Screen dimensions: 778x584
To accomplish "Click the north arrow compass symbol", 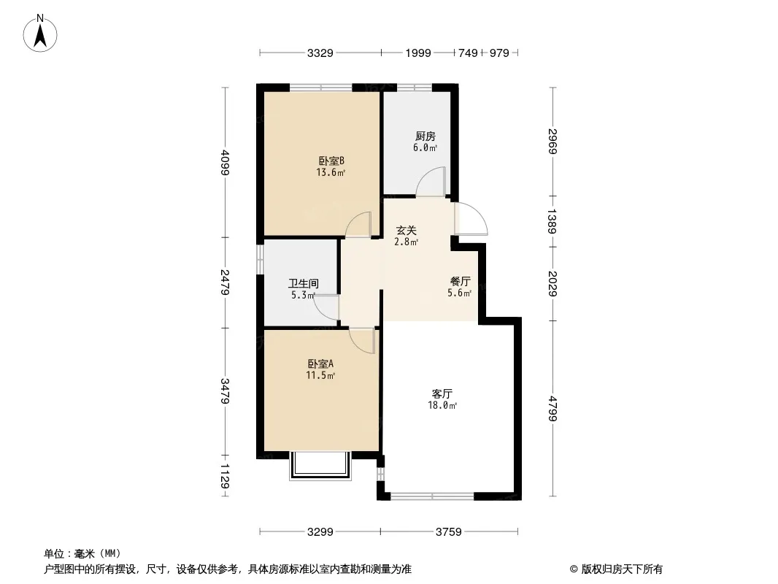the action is coord(40,34).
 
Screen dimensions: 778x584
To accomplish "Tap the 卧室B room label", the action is coord(331,161).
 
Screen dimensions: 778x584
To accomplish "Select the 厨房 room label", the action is coord(425,136).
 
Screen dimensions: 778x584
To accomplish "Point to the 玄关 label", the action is coord(406,230).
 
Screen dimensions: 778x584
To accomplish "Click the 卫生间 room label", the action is coord(303,283).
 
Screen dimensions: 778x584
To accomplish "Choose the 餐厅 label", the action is coord(460,281).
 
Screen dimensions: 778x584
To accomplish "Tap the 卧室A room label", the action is coord(320,364).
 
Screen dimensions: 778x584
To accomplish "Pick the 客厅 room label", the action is coord(442,394).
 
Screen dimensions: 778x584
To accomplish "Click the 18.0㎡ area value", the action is coord(442,405).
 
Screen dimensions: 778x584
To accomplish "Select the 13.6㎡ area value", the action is coord(331,173).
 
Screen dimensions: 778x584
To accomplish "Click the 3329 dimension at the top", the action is coord(320,53).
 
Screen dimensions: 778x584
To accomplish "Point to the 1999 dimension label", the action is coord(417,53).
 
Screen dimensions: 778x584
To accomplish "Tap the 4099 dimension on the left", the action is coord(226,162).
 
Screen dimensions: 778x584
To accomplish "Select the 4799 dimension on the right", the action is coord(553,408).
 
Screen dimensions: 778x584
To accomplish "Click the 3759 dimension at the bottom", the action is coord(449,532).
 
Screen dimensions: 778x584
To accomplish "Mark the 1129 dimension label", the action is coord(226,477).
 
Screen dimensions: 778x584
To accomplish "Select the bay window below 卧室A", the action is coord(320,466).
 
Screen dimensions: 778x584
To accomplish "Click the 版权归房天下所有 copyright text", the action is coord(621,569).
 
